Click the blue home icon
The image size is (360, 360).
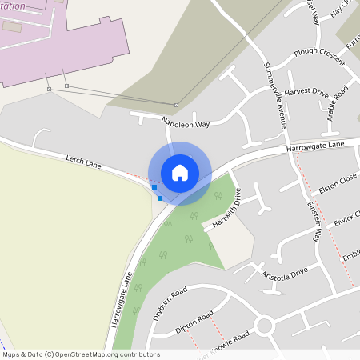[x=180, y=172]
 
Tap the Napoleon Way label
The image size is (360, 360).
[x=185, y=122]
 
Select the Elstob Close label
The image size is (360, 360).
[x=338, y=188]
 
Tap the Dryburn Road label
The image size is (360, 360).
[x=169, y=302]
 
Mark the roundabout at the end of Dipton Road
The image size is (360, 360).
[x=264, y=326]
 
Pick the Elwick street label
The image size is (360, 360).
[x=346, y=218]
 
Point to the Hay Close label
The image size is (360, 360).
[x=346, y=7]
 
